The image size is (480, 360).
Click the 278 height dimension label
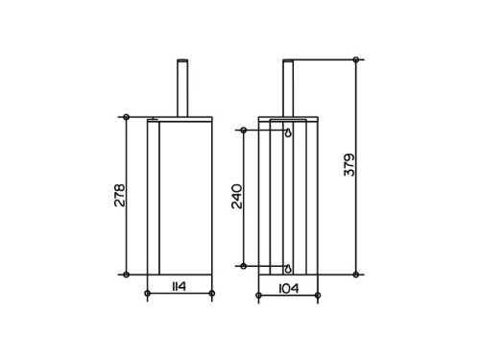tap(120, 195)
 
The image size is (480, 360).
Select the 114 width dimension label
tap(180, 286)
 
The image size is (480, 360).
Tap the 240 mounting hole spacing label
tap(237, 196)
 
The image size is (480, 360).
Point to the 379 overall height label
tap(349, 165)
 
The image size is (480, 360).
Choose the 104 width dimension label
tap(289, 288)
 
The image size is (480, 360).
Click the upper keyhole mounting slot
tap(288, 132)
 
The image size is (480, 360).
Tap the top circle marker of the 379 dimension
tap(356, 60)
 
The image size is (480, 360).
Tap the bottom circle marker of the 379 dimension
tap(356, 275)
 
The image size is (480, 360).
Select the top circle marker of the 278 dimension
tap(127, 117)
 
